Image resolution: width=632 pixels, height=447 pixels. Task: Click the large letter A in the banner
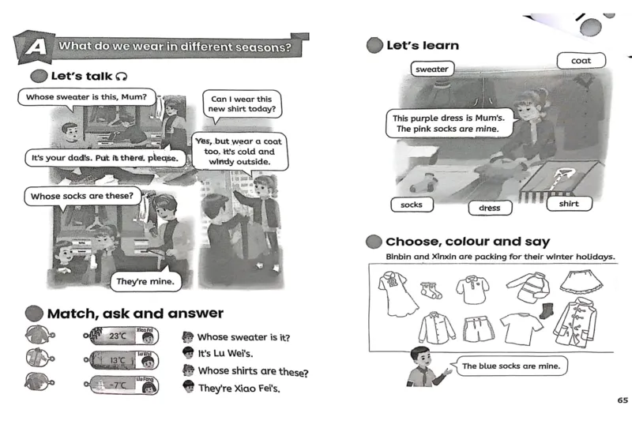[35, 48]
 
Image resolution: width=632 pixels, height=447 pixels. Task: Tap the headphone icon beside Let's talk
[121, 77]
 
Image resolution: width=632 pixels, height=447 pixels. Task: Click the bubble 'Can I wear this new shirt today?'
[239, 104]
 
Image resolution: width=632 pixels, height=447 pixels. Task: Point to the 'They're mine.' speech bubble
[145, 281]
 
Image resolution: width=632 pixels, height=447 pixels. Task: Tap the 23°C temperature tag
[118, 336]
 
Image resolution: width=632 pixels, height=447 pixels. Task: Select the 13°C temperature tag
[118, 361]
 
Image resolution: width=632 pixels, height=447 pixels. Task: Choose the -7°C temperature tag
[118, 385]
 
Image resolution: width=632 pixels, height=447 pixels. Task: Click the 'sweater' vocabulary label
[432, 69]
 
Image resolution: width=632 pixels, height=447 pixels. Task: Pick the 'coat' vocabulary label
[581, 61]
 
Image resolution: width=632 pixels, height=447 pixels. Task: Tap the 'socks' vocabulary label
[412, 205]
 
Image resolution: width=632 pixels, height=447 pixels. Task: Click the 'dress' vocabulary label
[490, 208]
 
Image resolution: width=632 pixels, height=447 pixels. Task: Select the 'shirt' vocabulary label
[569, 204]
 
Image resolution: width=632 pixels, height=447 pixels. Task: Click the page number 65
[623, 400]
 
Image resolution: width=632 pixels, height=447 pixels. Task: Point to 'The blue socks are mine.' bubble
[510, 366]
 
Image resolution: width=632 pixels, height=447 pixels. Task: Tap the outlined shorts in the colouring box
[477, 328]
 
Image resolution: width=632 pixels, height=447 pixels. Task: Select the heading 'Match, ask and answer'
[135, 314]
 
